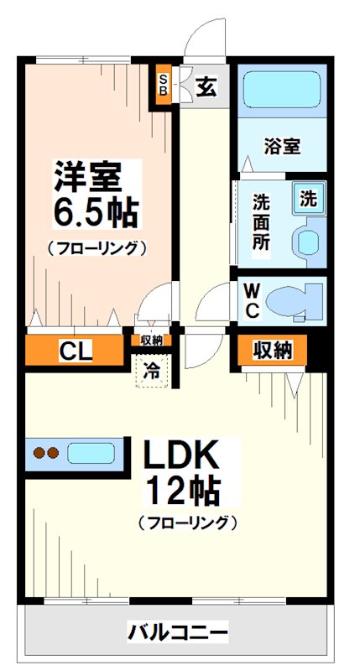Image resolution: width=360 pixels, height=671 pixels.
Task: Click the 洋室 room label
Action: point(88,176)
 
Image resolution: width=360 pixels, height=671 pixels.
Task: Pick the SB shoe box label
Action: point(164,86)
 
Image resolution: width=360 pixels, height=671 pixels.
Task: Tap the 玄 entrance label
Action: point(206,86)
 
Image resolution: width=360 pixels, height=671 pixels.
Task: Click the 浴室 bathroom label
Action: point(282,146)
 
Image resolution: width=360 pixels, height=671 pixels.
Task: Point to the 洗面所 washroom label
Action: point(261,220)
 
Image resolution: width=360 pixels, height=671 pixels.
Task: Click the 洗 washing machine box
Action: point(309,200)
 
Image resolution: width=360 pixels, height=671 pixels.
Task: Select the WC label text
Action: point(252,299)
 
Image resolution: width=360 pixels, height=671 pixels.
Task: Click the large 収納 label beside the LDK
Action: point(273,350)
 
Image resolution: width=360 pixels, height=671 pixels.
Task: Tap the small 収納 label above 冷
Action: point(152,341)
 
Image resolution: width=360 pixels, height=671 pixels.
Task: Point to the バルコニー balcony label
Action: point(177,631)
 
